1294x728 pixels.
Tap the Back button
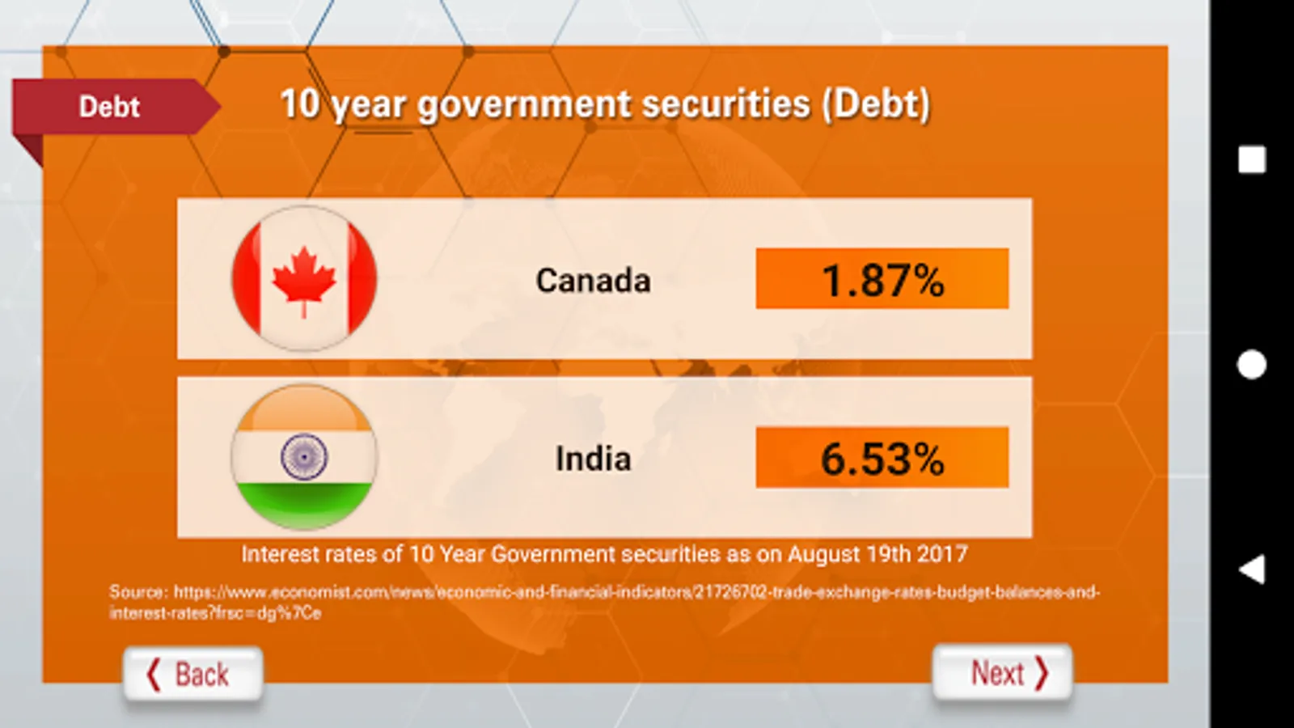tap(192, 674)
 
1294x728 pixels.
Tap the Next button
tap(1003, 672)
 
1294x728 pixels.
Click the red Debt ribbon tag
tap(110, 107)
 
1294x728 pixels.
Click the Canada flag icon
tap(304, 278)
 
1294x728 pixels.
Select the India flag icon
tap(304, 457)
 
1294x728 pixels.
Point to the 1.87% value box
tap(882, 279)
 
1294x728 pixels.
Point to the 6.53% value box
tap(882, 458)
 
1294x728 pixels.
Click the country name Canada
tap(593, 281)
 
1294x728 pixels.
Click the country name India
tap(593, 459)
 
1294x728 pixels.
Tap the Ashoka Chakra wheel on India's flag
tap(304, 456)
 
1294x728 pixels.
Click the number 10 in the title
tap(300, 104)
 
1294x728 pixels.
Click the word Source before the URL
tap(136, 592)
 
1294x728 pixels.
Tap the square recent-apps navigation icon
tap(1251, 159)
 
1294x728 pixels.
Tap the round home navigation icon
tap(1251, 365)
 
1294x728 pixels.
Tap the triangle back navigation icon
tap(1251, 569)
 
